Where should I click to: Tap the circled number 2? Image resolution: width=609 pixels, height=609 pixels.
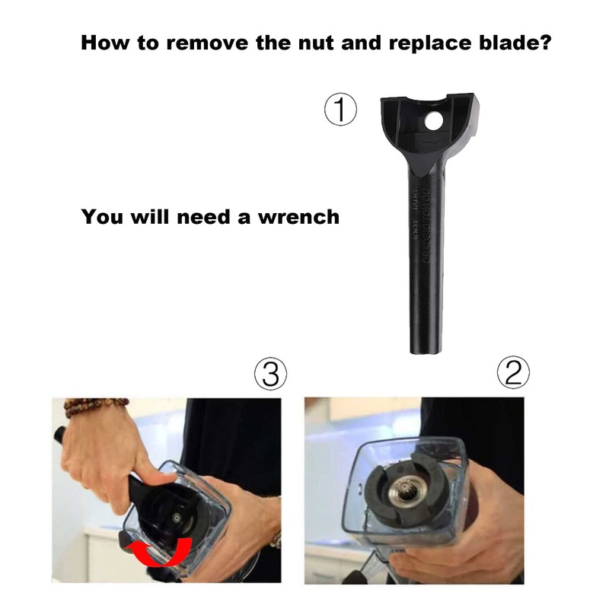coord(513,373)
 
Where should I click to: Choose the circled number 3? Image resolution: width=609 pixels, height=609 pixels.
coord(270,373)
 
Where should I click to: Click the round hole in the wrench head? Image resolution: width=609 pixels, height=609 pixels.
coord(433,120)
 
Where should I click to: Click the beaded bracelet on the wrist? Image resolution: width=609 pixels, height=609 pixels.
coord(94,405)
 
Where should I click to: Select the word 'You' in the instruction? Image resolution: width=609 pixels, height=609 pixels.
coord(103,217)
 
